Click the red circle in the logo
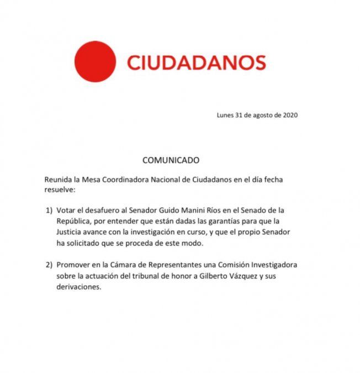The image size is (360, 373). click(x=95, y=62)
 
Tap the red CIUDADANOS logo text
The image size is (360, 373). click(x=197, y=62)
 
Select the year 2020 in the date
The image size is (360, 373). click(x=289, y=115)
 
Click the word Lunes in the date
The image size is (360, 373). click(x=226, y=115)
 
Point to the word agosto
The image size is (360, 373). click(x=265, y=115)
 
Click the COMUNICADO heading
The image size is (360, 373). click(x=171, y=161)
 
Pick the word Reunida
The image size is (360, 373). click(x=60, y=180)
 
